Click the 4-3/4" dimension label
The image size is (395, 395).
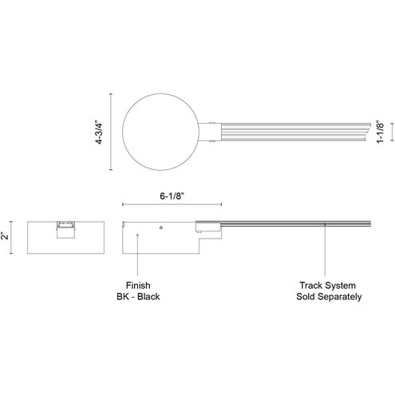[99, 132]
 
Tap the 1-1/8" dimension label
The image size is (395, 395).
[381, 132]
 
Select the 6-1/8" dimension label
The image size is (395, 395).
[172, 196]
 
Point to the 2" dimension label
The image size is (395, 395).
[6, 235]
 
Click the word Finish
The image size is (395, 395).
[138, 286]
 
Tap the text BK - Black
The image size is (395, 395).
[138, 296]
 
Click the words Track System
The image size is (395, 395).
[328, 286]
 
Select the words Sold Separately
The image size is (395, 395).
[329, 296]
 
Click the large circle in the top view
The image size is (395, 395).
[122, 132]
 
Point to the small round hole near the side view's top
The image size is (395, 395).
[161, 227]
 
